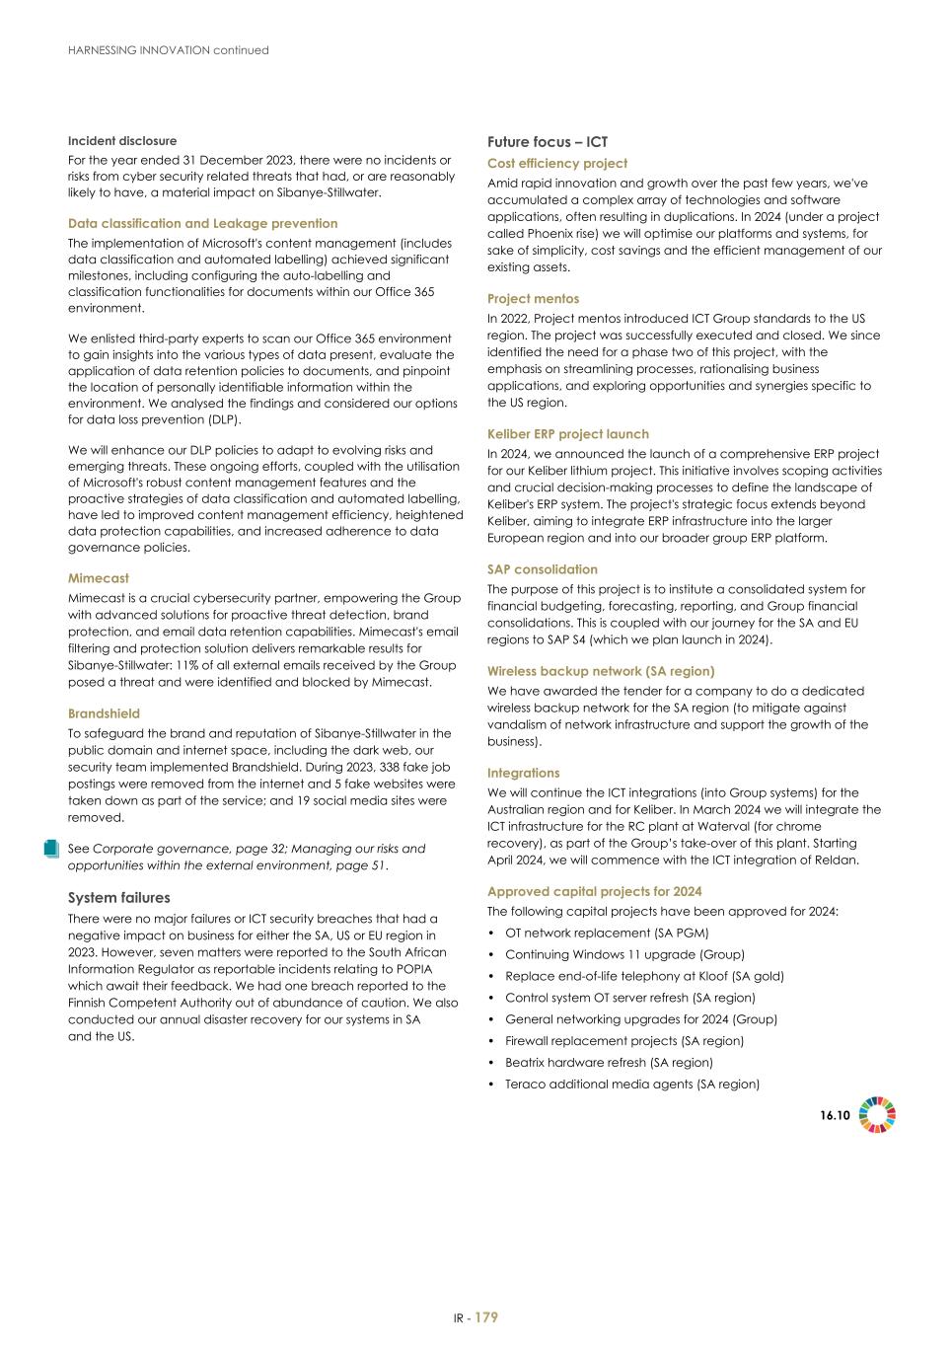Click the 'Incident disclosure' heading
(x=122, y=141)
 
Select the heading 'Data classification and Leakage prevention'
(x=202, y=224)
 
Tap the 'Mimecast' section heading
(x=99, y=578)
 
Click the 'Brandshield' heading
(x=104, y=713)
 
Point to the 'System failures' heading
(x=118, y=898)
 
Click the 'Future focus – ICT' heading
(x=548, y=142)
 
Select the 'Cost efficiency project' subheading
(x=557, y=164)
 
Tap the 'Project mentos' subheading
(x=534, y=299)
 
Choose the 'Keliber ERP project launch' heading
(x=568, y=434)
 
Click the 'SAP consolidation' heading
(x=543, y=569)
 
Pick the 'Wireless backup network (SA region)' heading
(x=601, y=671)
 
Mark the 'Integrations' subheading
(x=524, y=774)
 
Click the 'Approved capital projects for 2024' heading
(x=595, y=892)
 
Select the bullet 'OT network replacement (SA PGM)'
(x=607, y=933)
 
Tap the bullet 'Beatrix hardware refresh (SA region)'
(x=609, y=1063)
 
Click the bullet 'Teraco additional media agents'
(x=631, y=1085)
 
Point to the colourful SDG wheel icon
(x=877, y=1115)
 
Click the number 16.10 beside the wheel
(x=835, y=1115)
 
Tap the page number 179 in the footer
(x=486, y=1317)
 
